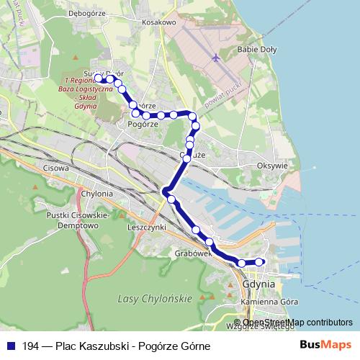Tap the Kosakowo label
159,23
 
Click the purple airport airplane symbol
215,57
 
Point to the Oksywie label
272,165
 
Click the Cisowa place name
55,168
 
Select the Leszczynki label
145,227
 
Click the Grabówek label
192,253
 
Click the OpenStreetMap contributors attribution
297,322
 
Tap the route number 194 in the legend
31,346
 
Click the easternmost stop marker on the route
260,262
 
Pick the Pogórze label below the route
142,124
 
